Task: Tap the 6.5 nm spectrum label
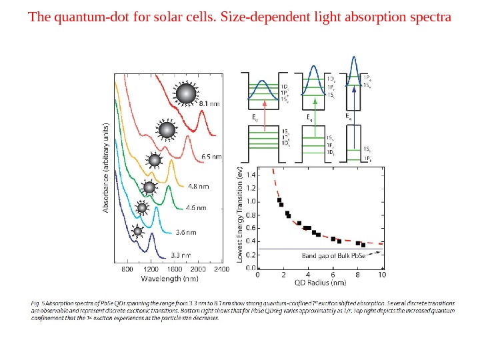211,157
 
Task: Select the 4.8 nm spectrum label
197,186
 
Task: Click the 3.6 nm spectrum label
185,233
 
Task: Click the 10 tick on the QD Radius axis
382,274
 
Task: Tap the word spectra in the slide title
427,15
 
